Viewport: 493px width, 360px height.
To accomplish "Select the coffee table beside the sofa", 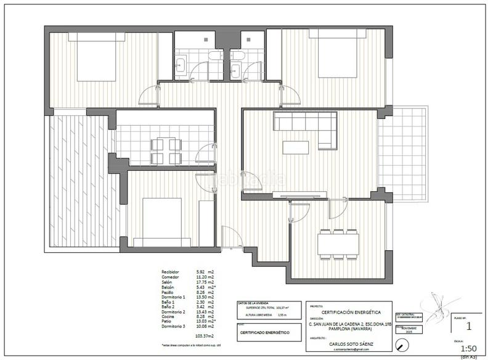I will coord(296,147).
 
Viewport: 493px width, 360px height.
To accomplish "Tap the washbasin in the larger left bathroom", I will coord(182,65).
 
